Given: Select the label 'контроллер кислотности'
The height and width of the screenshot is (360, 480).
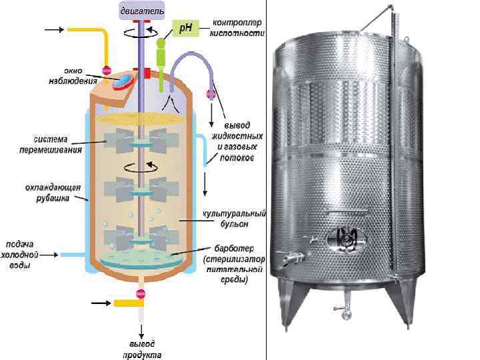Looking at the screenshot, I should click(x=237, y=27).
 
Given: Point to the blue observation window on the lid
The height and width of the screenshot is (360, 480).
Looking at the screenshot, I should click(x=124, y=81).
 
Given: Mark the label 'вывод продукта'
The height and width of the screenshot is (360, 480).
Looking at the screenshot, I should click(x=141, y=349).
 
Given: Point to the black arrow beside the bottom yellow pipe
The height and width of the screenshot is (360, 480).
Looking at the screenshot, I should click(x=101, y=303).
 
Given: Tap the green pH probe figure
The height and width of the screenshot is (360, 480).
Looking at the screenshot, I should click(x=160, y=53).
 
